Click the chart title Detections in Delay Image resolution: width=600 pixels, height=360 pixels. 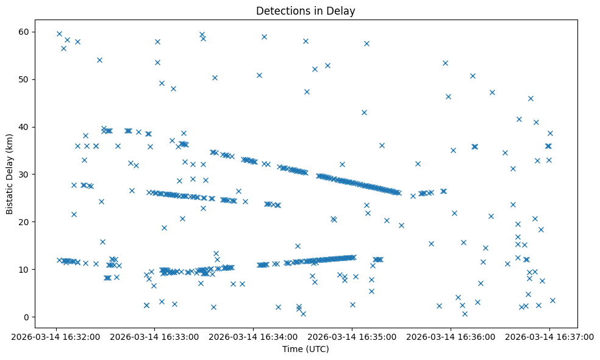(x=305, y=11)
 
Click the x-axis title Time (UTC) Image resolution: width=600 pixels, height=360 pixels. (x=305, y=349)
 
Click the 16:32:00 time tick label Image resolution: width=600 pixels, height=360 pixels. (x=56, y=336)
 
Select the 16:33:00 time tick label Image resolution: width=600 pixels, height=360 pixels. (x=155, y=336)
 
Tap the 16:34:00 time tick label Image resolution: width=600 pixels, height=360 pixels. (x=253, y=336)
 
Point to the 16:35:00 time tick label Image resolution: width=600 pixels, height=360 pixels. (x=352, y=336)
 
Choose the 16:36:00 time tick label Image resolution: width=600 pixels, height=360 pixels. (x=451, y=336)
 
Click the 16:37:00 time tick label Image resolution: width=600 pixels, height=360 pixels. (x=549, y=336)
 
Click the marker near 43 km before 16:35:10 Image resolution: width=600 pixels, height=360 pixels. (x=364, y=112)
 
